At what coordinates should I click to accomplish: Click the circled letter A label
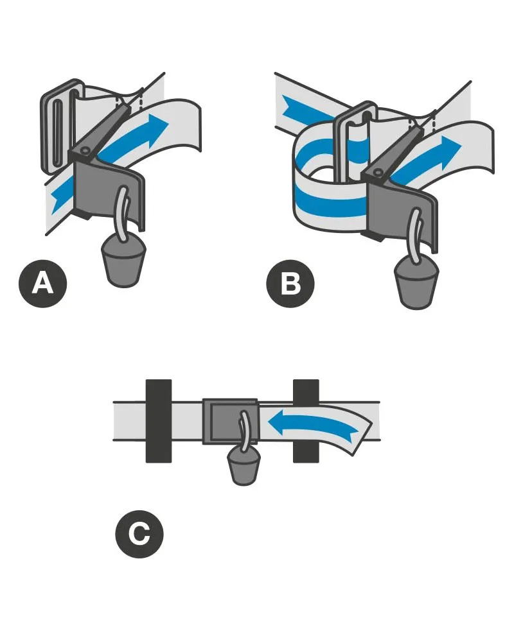(43, 282)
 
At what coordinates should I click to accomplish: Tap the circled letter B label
(290, 282)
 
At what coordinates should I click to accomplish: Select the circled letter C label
(139, 533)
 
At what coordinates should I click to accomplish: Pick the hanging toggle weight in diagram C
(244, 466)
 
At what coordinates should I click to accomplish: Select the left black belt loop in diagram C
(158, 420)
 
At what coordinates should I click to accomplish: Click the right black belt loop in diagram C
(306, 420)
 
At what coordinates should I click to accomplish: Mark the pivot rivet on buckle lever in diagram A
(84, 151)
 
